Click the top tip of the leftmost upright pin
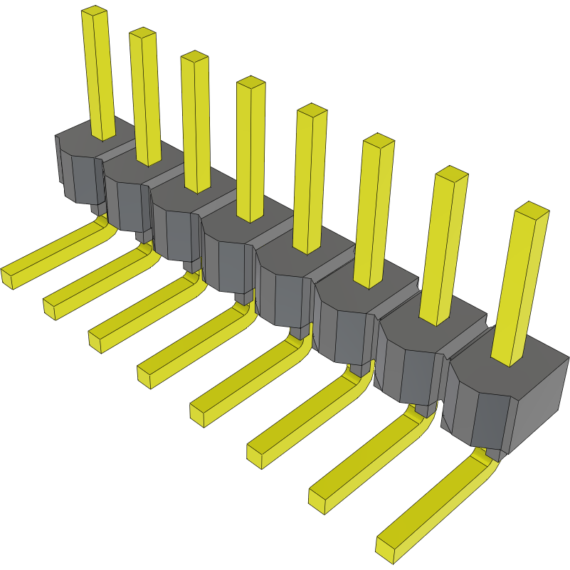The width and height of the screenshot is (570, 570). [x=95, y=11]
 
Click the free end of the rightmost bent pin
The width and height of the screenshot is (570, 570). [x=385, y=547]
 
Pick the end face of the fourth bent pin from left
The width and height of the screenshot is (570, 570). [x=144, y=378]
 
